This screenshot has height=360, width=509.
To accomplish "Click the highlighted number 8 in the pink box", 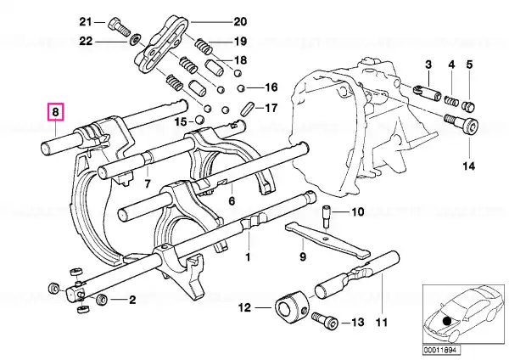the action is point(55,112).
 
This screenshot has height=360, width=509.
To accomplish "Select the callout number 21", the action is point(86,22).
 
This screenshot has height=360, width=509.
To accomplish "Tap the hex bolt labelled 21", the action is point(119,27).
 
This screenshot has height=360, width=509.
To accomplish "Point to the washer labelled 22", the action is point(135,40).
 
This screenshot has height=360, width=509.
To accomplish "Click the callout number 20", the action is point(240,22).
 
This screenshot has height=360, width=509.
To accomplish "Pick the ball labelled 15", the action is point(199,120).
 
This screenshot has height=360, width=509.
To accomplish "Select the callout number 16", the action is point(271,87).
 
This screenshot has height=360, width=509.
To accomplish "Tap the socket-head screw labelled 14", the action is point(461,123).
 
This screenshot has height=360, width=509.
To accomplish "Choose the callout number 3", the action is point(428,65).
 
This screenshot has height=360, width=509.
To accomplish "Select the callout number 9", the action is point(303,256).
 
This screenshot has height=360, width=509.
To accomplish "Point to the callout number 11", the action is point(382,323).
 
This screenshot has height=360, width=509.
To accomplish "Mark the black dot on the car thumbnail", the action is point(447,321).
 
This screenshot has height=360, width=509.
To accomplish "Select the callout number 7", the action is point(148,184).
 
